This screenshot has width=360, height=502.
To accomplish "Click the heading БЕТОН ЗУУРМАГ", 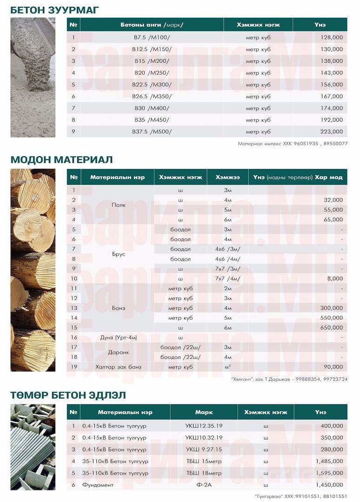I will (x=54, y=10).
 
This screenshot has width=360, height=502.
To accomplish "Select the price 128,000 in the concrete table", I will (x=332, y=37).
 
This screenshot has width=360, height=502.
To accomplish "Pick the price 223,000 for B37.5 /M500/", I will (x=332, y=132).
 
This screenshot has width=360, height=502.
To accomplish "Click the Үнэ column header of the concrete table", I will (x=320, y=24).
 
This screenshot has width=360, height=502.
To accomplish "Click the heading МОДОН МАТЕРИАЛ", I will (x=62, y=159).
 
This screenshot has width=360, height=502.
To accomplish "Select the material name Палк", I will (x=117, y=205).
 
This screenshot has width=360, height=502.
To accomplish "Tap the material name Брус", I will (x=118, y=254).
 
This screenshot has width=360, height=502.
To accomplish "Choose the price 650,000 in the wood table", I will (x=332, y=328).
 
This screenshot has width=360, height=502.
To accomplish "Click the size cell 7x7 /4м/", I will (x=227, y=278).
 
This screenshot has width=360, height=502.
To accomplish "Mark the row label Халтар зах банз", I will (x=118, y=367).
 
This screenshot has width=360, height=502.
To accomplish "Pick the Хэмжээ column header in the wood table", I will (x=227, y=178).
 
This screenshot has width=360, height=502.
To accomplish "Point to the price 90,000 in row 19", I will (x=333, y=367).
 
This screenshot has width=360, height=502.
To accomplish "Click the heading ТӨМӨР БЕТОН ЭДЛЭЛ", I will (x=68, y=395).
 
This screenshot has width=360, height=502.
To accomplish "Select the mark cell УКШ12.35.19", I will (x=204, y=426).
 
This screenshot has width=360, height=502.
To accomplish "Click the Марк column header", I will (x=204, y=412).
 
